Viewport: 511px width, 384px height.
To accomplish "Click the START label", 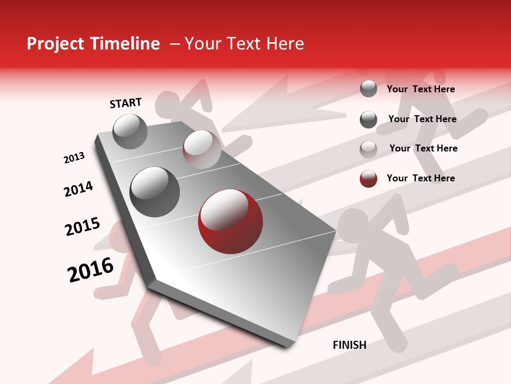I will (x=126, y=103).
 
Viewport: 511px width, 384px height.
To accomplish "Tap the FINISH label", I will (x=350, y=345).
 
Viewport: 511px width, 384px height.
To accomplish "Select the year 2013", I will (x=74, y=158).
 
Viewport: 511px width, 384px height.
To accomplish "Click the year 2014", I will (x=78, y=189).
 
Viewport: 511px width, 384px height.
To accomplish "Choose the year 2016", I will (x=90, y=270).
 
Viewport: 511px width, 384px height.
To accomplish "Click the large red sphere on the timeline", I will (x=230, y=221).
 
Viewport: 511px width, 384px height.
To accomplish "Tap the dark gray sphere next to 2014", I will (x=155, y=192).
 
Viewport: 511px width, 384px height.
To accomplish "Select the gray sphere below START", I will (x=130, y=132).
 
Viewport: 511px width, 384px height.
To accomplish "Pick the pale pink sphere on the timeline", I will (x=202, y=149).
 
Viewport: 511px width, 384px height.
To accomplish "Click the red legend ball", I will (x=368, y=179).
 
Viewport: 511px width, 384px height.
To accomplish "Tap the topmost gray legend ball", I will (x=368, y=89).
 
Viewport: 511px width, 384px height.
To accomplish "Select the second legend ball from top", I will (x=368, y=119).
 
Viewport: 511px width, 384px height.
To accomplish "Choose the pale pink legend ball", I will (x=368, y=149).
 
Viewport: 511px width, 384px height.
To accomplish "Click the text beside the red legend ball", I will (x=421, y=178).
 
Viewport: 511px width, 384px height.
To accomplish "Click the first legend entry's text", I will (x=421, y=89).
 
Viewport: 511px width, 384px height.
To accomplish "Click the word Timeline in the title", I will (x=124, y=44).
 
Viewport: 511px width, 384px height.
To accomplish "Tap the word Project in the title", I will (x=55, y=44).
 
